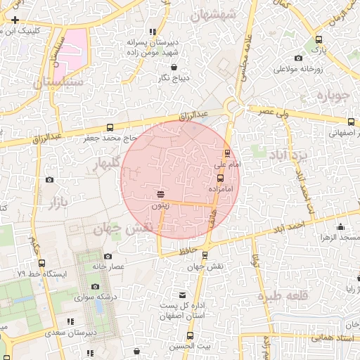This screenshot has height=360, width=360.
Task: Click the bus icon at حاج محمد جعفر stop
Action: coord(110,127)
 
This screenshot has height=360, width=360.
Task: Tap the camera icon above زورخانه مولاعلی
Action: coord(298,58)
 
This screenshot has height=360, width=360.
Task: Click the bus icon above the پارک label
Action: coord(320,40)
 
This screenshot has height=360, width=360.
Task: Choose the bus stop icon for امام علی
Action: coord(226,153)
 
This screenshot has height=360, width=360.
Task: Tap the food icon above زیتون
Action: coord(160,194)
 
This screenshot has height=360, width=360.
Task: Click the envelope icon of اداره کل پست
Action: coord(183,294)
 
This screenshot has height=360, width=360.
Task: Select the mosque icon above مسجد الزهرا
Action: coord(341,226)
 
